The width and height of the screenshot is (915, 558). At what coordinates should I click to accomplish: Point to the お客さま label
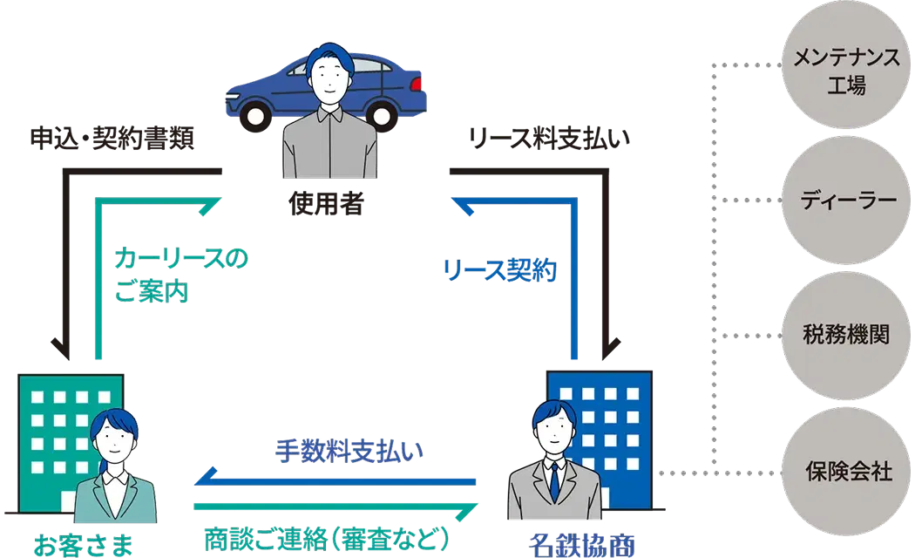coord(84,545)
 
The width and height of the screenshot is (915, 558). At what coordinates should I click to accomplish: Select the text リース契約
coord(499,271)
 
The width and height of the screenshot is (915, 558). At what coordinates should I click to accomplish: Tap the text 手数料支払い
coord(349,451)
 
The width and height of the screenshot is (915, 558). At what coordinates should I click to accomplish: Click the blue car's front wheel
coord(255,113)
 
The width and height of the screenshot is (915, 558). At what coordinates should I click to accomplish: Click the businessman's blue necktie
coord(552,480)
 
